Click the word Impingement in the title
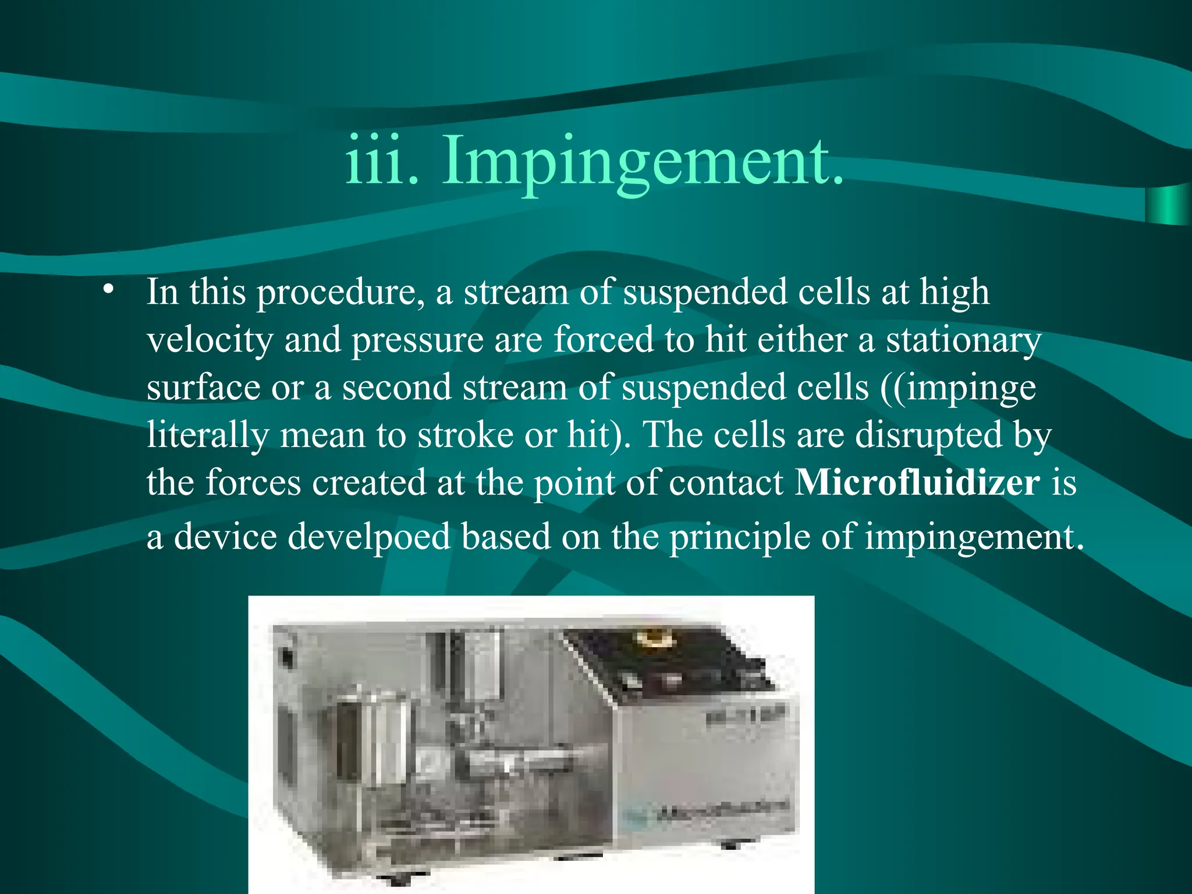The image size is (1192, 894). click(x=643, y=160)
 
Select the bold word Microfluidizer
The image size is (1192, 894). click(x=917, y=483)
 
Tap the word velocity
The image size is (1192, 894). click(x=210, y=340)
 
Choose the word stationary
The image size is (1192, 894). click(x=963, y=340)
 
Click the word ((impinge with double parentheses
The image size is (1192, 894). click(x=958, y=388)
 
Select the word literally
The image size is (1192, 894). click(x=208, y=435)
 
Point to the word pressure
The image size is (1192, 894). click(x=418, y=340)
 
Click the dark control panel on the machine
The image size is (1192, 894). click(x=669, y=664)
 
